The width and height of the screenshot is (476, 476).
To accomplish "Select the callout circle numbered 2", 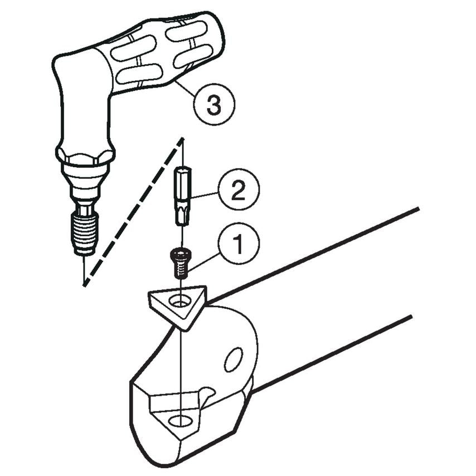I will tap(238, 192).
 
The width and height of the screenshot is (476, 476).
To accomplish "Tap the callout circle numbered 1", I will tap(237, 244).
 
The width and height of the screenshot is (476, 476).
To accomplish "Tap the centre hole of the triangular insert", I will tap(179, 302).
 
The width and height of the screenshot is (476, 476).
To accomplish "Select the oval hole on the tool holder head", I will tap(233, 360).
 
